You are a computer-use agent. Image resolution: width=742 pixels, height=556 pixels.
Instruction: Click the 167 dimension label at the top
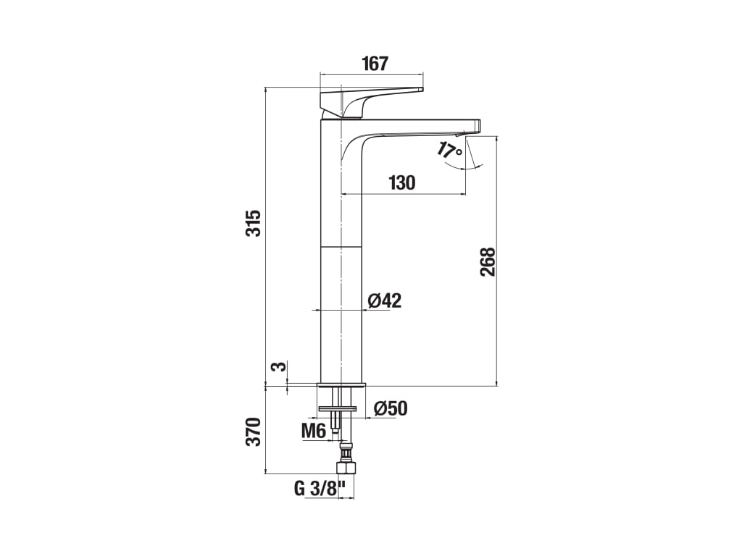(x=375, y=64)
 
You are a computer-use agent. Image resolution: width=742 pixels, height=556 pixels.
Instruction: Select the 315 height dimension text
(x=254, y=223)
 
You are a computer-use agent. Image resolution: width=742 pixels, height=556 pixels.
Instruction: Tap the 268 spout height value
(x=488, y=262)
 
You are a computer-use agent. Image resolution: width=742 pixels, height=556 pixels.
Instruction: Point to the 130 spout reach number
(x=401, y=182)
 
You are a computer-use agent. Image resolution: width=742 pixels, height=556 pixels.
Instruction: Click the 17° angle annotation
(x=449, y=150)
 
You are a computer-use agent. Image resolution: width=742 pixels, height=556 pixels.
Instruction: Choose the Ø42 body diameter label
(x=384, y=300)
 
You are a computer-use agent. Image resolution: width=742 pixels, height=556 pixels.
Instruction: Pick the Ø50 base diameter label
(x=391, y=408)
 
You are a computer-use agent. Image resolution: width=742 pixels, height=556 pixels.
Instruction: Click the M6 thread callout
(x=314, y=431)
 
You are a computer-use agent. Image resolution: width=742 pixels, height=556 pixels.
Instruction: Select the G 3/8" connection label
(x=320, y=489)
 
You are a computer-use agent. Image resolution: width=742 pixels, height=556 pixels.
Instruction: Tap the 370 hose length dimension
(x=254, y=431)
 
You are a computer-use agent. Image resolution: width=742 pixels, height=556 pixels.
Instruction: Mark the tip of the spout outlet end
(x=480, y=125)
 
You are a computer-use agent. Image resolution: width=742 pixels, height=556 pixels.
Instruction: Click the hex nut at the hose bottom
(x=346, y=468)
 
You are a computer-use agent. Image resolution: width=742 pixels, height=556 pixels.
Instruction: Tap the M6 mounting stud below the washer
(x=335, y=421)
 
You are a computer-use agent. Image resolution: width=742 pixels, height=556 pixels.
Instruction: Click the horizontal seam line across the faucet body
(x=341, y=247)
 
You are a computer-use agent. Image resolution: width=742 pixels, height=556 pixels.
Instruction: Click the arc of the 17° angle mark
(x=466, y=167)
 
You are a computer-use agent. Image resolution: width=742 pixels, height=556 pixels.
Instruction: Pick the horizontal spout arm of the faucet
(x=421, y=127)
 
